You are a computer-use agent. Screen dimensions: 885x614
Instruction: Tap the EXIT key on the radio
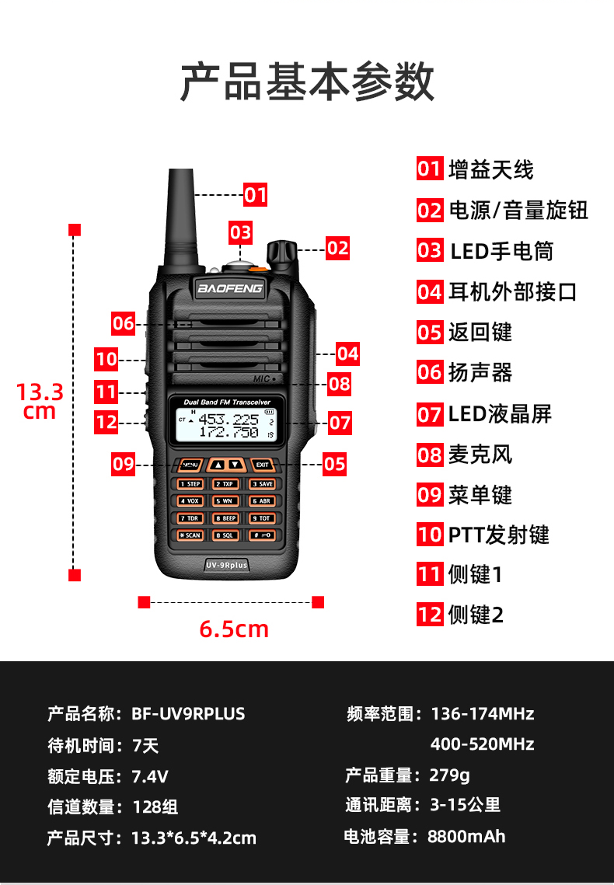coord(263,465)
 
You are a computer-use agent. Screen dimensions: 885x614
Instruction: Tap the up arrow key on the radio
coord(218,465)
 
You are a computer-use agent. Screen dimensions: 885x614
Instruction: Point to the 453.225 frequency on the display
coord(229,419)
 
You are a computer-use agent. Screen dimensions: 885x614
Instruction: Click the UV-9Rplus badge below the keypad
coord(226,565)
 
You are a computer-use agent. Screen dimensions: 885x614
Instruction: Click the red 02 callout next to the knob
coord(337,248)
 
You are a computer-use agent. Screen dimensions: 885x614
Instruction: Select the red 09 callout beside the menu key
coord(124,465)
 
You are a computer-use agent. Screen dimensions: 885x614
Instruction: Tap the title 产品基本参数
coord(307,82)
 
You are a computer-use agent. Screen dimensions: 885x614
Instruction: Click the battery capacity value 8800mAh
coord(466,837)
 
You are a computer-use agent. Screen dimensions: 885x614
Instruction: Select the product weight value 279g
coord(449,775)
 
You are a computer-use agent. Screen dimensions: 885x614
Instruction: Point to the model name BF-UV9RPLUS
coord(188,713)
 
